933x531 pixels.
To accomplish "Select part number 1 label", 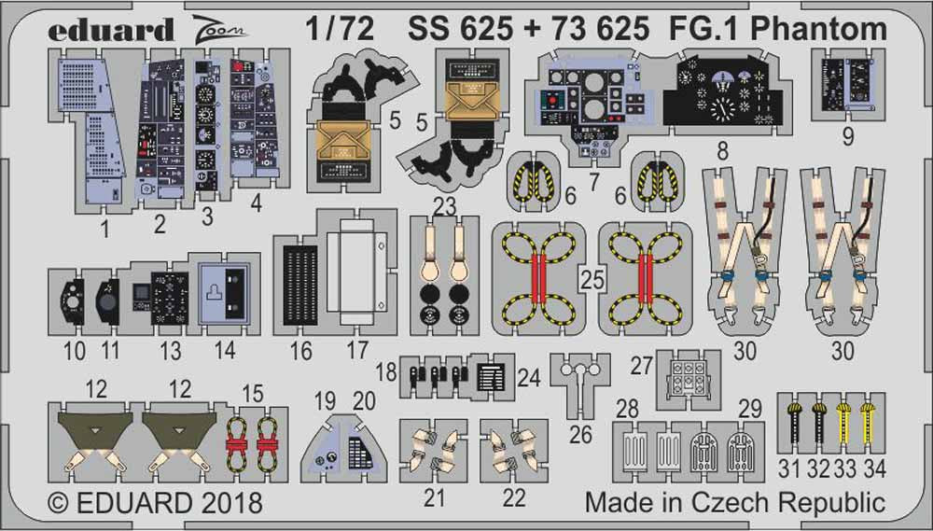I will click(x=105, y=225).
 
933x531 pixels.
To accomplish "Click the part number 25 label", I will click(x=588, y=277).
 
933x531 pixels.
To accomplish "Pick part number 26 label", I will click(x=579, y=434).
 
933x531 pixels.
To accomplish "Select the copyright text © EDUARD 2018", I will click(x=155, y=504).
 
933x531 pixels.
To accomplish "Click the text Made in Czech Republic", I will click(x=734, y=504).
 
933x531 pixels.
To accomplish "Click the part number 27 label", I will click(x=640, y=366).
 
